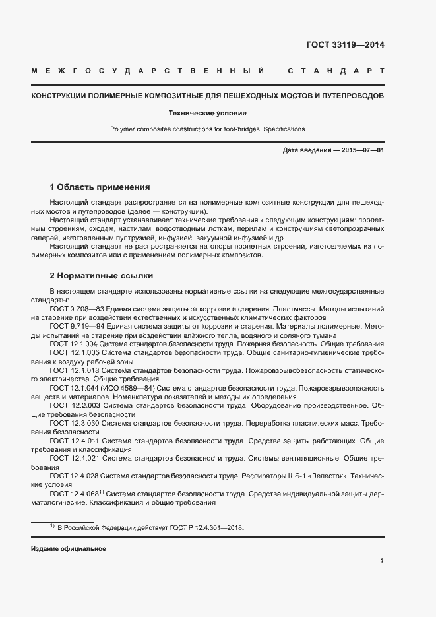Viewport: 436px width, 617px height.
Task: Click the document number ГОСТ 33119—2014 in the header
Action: (x=345, y=46)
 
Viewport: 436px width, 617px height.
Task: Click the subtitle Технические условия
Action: (x=207, y=112)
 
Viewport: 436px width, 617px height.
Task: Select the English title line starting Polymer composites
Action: (x=207, y=129)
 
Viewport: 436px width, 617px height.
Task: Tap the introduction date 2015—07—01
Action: (x=359, y=151)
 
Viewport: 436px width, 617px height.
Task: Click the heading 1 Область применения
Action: (x=100, y=187)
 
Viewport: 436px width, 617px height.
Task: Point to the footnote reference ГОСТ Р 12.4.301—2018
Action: (x=206, y=529)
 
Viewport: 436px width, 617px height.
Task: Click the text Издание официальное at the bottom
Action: (x=68, y=549)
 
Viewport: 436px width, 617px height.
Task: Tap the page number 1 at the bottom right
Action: (x=382, y=561)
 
